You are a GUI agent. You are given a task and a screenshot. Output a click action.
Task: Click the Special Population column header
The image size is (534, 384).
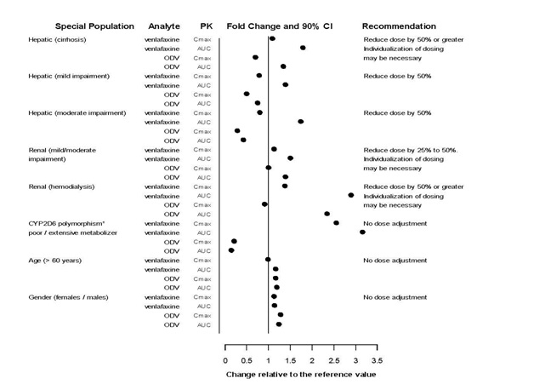[73, 26]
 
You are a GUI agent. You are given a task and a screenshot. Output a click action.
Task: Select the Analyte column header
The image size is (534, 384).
[163, 26]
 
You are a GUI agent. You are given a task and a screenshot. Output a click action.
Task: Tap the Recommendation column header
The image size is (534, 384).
[399, 26]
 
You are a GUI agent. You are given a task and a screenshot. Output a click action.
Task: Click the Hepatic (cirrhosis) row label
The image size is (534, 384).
[59, 39]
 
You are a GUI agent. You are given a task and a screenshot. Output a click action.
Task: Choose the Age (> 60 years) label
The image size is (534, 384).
[54, 260]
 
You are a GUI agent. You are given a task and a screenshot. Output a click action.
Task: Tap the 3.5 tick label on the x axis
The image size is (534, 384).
[377, 360]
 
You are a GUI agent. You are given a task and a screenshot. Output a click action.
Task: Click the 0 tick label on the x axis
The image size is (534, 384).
[225, 360]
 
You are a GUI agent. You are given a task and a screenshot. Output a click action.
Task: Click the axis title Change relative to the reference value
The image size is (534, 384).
[300, 374]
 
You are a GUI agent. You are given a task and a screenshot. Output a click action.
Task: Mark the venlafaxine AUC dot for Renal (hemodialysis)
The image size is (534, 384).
[350, 195]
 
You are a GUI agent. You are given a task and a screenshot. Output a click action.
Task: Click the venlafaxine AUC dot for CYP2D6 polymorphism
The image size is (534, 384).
[362, 232]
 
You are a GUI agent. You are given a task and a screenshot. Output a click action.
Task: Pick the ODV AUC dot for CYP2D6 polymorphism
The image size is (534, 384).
[230, 250]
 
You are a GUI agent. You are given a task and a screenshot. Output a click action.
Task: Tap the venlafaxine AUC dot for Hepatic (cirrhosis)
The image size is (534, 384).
[303, 48]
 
